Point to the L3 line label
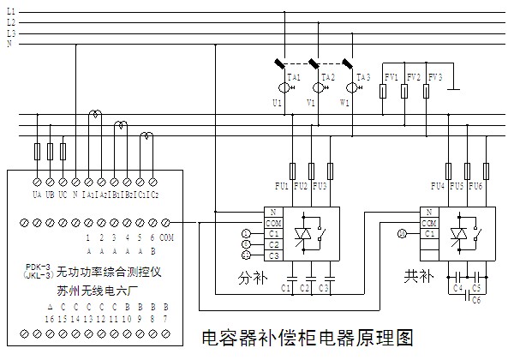pos(11,33)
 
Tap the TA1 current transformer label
pos(294,77)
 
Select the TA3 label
pos(362,77)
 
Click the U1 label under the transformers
pos(277,103)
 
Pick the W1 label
pos(344,103)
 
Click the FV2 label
pos(414,77)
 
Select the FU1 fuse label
pos(281,186)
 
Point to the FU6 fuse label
pos(476,186)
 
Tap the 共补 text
pos(417,279)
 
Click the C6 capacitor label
pos(476,302)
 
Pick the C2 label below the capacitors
pos(306,288)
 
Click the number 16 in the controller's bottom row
pos(50,318)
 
